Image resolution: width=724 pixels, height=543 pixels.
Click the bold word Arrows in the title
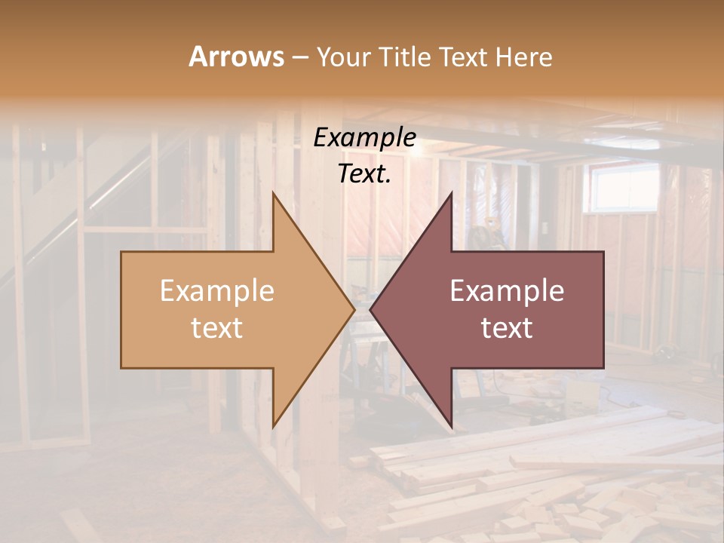pyautogui.click(x=237, y=57)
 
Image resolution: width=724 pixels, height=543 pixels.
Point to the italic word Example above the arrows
pyautogui.click(x=364, y=137)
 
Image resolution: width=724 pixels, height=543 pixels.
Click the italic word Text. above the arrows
pyautogui.click(x=364, y=173)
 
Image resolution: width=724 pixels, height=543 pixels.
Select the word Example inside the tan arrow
pyautogui.click(x=216, y=290)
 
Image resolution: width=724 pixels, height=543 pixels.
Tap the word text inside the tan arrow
pyautogui.click(x=216, y=327)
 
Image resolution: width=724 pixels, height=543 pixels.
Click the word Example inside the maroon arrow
pyautogui.click(x=507, y=290)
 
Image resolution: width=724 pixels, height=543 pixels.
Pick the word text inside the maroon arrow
pyautogui.click(x=507, y=327)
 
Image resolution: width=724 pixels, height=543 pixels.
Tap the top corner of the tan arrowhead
pyautogui.click(x=273, y=193)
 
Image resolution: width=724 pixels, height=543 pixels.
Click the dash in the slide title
pyautogui.click(x=299, y=57)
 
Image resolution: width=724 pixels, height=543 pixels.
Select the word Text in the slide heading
pyautogui.click(x=465, y=57)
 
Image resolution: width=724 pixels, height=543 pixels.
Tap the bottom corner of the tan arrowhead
pyautogui.click(x=273, y=427)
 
